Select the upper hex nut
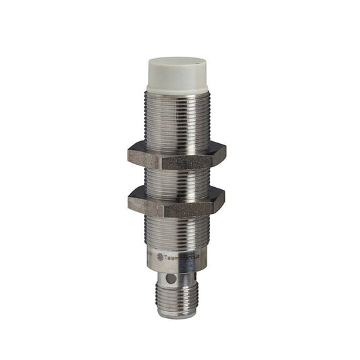[177, 155]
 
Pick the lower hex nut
[177, 201]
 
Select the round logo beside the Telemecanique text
[160, 256]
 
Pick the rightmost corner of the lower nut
[226, 199]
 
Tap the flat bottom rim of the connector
[177, 314]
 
